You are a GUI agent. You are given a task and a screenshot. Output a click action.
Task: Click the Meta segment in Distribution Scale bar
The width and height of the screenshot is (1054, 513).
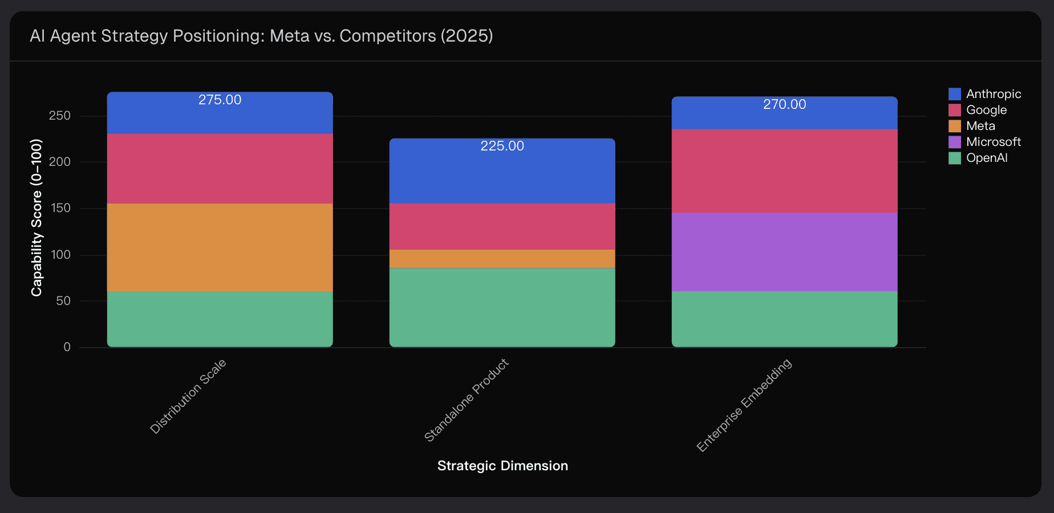point(220,247)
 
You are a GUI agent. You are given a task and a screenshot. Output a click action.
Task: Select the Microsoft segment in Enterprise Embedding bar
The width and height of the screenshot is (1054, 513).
point(784,252)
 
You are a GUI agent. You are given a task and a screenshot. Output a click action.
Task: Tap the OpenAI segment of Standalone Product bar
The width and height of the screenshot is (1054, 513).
point(502,307)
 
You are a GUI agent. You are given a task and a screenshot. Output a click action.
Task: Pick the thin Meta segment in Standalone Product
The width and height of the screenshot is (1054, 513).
point(502,259)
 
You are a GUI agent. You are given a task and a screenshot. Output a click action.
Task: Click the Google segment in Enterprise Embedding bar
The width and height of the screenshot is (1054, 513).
point(784,171)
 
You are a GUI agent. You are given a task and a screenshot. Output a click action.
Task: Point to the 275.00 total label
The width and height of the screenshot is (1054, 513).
point(220,100)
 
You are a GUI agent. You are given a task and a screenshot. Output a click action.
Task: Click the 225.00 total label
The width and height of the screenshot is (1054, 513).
point(502,146)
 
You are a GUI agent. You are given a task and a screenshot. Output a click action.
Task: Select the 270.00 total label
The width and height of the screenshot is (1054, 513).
point(784,104)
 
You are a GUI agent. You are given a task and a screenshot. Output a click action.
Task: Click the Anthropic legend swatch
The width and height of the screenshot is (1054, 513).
point(954,94)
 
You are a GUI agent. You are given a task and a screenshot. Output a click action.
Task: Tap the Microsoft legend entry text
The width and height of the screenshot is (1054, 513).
point(993,142)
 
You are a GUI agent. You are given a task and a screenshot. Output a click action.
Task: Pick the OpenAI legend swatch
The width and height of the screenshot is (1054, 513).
point(954,158)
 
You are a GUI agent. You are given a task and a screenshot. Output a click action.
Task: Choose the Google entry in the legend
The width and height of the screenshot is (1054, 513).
point(986,110)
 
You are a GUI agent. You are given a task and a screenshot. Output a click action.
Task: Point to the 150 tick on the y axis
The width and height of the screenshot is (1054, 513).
point(60,208)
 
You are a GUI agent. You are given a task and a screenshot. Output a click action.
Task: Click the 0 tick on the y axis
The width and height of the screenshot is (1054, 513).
point(67,347)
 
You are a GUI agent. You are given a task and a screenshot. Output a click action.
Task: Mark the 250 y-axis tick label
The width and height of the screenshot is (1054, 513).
point(60,116)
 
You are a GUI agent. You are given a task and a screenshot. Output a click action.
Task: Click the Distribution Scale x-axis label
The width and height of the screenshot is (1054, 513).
point(188,396)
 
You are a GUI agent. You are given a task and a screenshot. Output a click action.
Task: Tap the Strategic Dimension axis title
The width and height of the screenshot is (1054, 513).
point(502,466)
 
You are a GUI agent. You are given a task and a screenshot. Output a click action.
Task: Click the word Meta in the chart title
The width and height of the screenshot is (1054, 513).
point(289,36)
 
